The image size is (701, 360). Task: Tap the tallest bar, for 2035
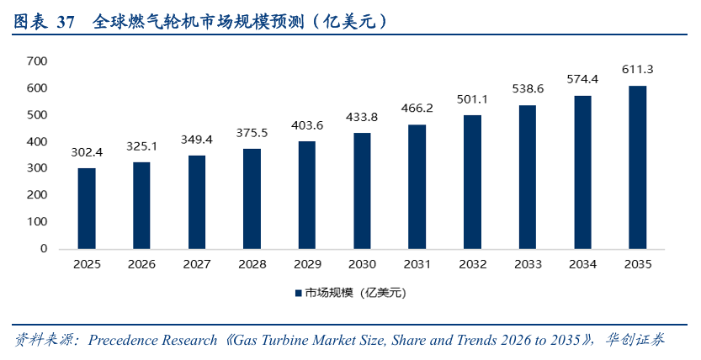point(637,167)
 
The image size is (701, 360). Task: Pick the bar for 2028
point(252,199)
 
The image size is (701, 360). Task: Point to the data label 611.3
point(637,69)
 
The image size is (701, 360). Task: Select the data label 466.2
point(417,109)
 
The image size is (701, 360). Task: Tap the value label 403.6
point(306,125)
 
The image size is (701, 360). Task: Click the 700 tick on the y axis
point(36,61)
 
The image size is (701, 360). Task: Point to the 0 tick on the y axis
point(43,249)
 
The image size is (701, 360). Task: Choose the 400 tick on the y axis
point(36,141)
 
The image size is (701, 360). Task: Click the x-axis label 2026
point(141,264)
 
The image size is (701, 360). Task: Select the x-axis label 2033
point(527,264)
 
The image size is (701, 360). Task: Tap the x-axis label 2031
point(417,264)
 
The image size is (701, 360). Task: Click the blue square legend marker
point(297,294)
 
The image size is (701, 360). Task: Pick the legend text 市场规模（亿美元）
point(356,294)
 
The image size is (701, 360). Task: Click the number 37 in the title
point(66,21)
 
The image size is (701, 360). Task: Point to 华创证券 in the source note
point(635,341)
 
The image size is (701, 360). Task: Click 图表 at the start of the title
point(29,21)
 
